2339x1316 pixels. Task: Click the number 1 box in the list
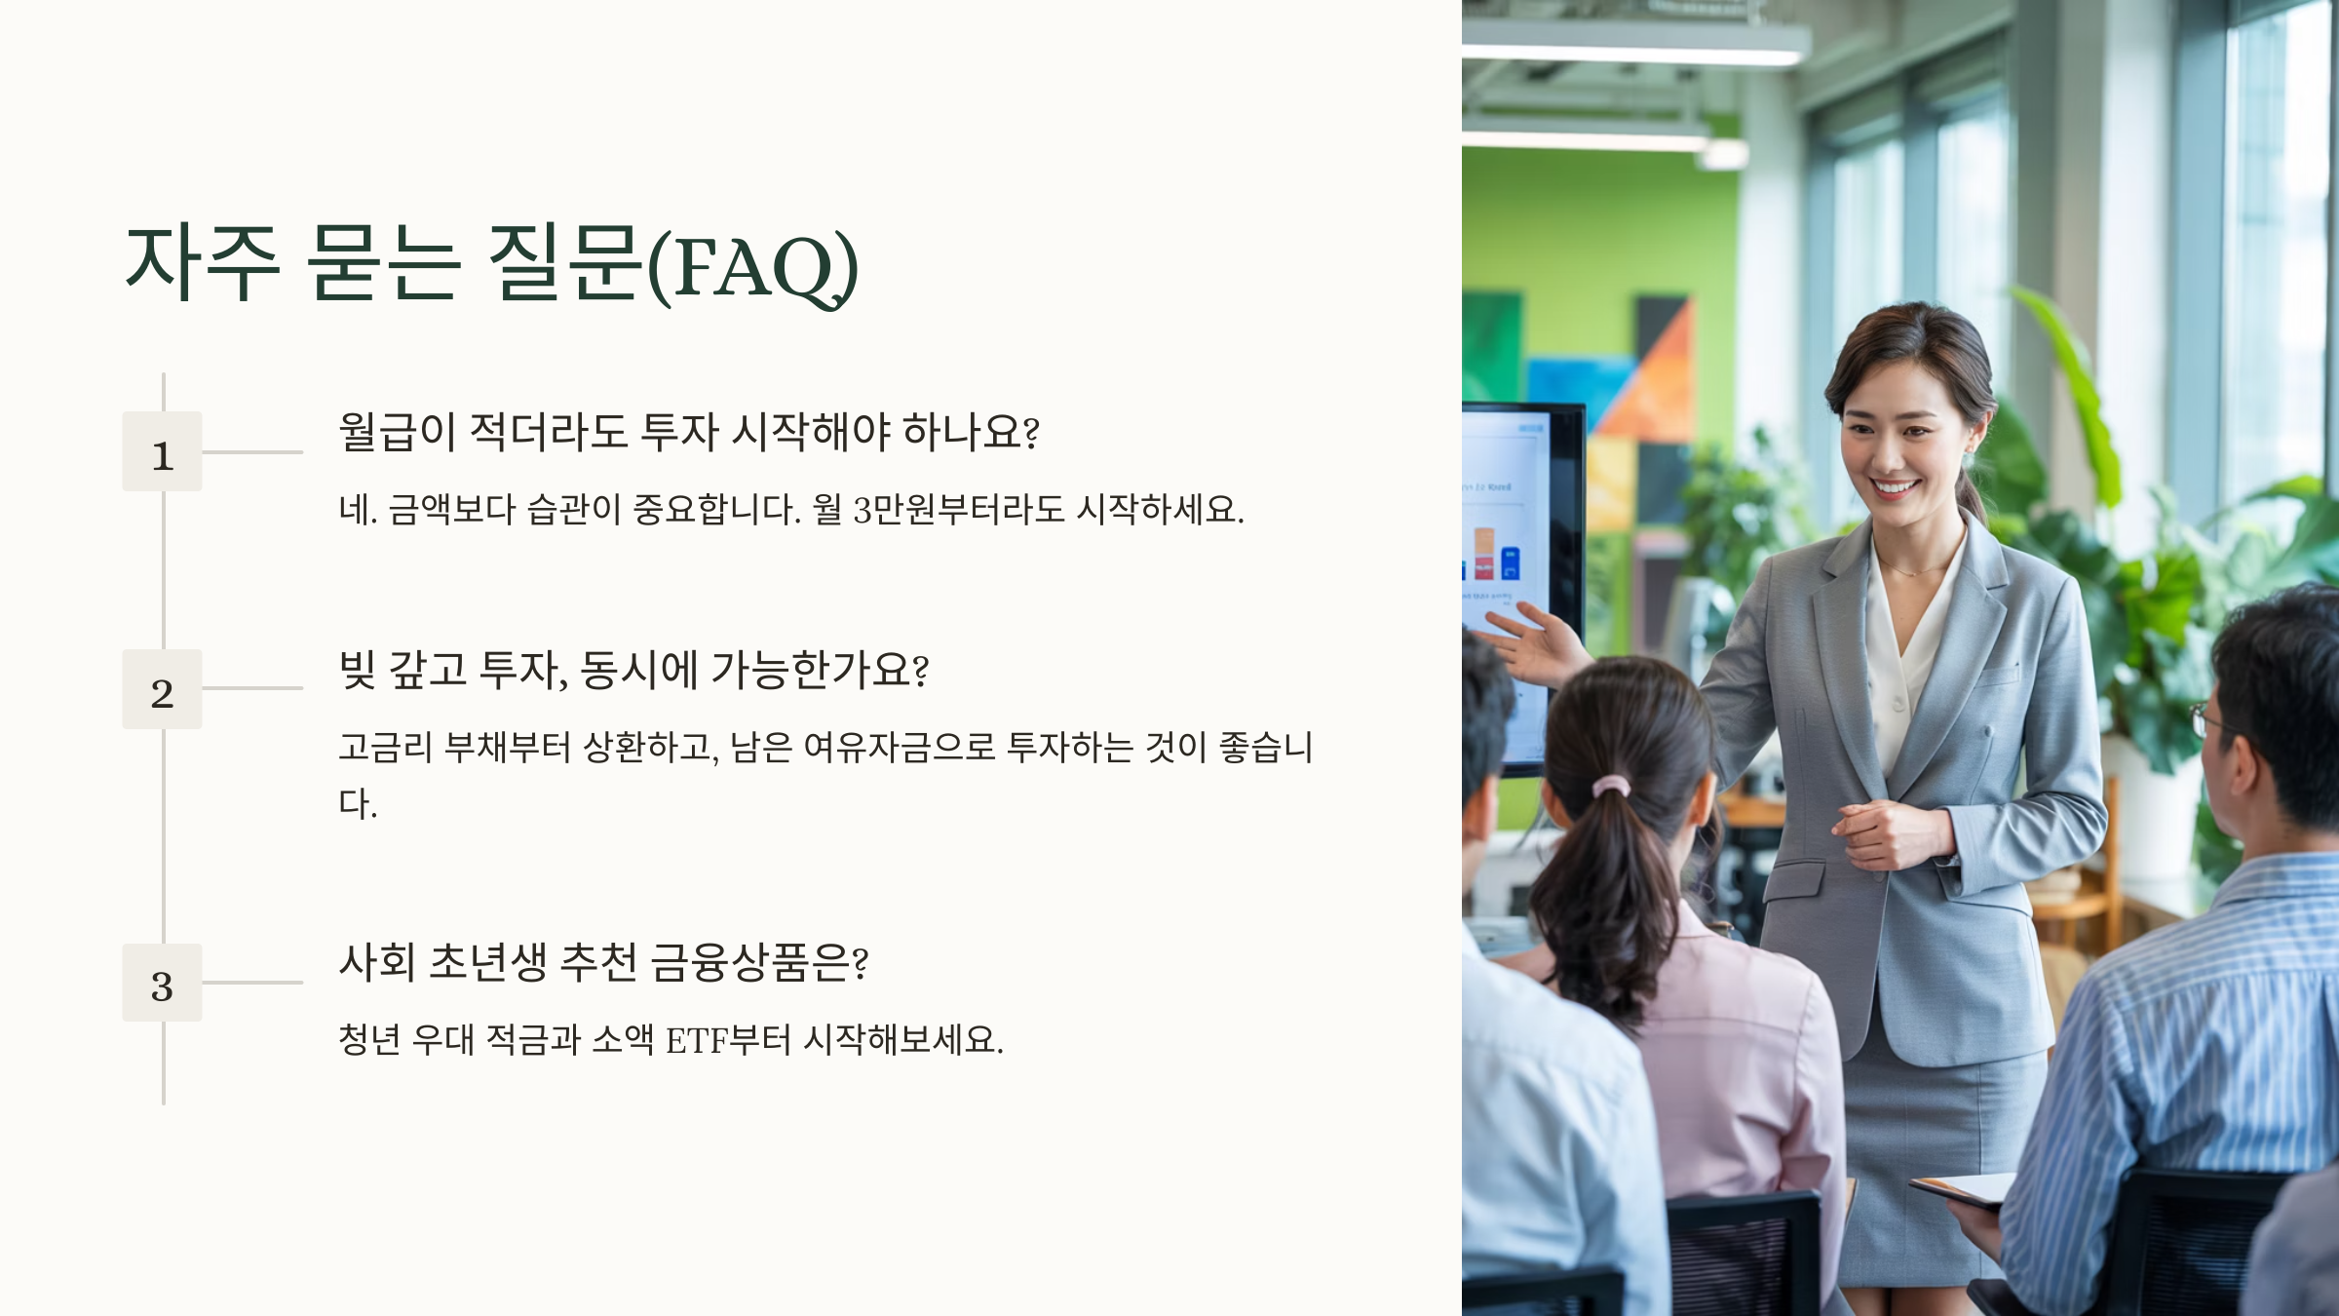(162, 451)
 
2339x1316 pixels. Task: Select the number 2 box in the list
(162, 689)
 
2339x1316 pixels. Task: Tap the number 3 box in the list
(162, 983)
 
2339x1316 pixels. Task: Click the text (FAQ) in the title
(752, 266)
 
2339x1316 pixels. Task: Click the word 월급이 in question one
(398, 431)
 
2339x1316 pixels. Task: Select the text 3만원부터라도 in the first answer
(959, 509)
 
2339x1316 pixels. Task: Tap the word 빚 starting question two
(357, 669)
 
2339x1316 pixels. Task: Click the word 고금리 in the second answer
(385, 748)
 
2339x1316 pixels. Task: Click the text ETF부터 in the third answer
(728, 1040)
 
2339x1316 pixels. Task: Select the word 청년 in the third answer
(369, 1040)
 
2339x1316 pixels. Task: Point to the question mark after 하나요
(1032, 432)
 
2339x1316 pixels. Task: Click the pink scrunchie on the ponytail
(1611, 786)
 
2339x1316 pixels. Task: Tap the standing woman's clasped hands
(1886, 833)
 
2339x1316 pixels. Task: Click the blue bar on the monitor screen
(1510, 563)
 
